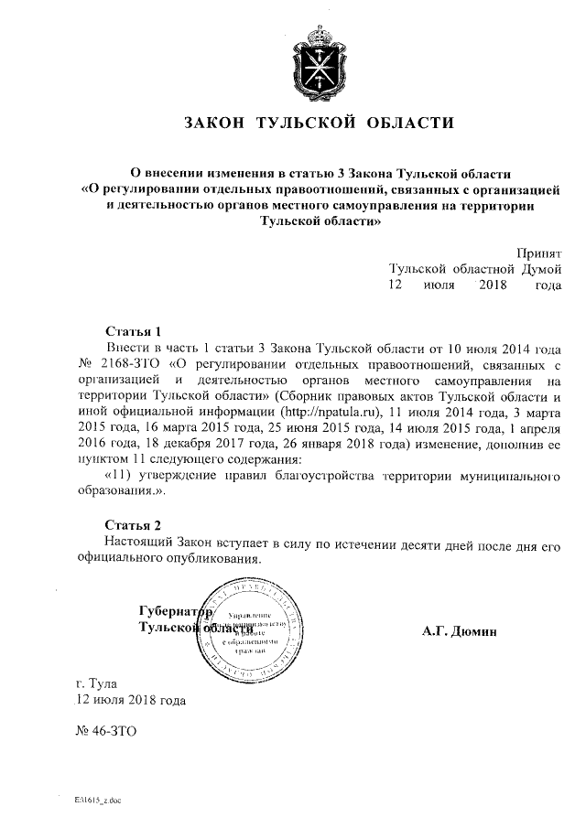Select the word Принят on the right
click(537, 252)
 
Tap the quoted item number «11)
click(122, 477)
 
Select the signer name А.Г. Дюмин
click(459, 631)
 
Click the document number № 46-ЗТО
click(105, 732)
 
